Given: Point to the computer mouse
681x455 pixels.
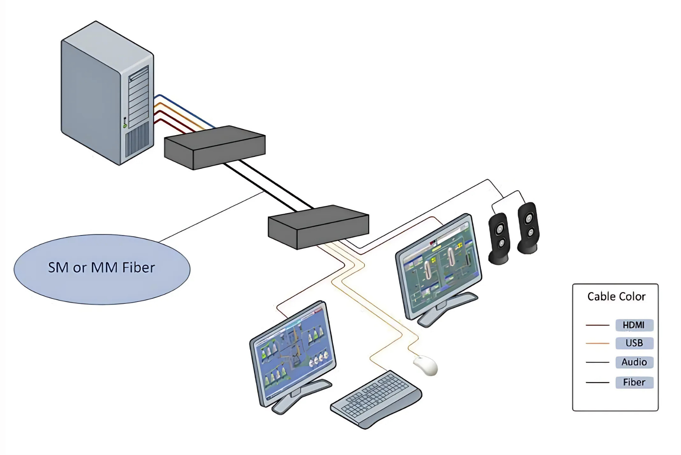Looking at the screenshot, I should (x=426, y=365).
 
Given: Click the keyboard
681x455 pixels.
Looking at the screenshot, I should (x=376, y=399).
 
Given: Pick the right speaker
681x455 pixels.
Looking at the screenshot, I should (x=528, y=227).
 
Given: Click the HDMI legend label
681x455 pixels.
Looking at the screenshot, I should (x=634, y=325).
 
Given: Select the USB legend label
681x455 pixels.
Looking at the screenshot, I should (x=634, y=343).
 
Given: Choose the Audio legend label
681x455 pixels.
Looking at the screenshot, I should (x=634, y=362).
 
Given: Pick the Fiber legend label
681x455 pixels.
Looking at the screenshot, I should (x=634, y=382).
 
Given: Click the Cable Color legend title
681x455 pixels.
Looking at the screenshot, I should (x=616, y=297).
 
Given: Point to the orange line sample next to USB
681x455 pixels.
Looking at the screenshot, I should (x=597, y=343).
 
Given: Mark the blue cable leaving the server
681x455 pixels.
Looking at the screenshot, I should (x=186, y=110).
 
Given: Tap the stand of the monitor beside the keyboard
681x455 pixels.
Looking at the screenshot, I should (x=300, y=395).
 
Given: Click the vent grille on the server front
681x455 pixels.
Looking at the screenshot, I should (x=137, y=139).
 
